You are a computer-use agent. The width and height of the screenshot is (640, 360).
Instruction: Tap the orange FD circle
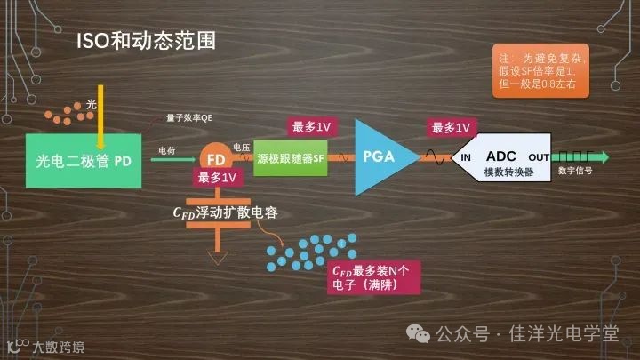[x=216, y=159]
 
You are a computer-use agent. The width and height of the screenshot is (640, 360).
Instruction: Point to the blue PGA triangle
[x=378, y=157]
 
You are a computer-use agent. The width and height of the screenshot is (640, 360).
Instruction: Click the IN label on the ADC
[x=465, y=157]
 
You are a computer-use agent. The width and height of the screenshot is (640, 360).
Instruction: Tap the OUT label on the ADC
[x=539, y=157]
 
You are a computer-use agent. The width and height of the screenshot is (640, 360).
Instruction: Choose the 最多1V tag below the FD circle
[x=218, y=178]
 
